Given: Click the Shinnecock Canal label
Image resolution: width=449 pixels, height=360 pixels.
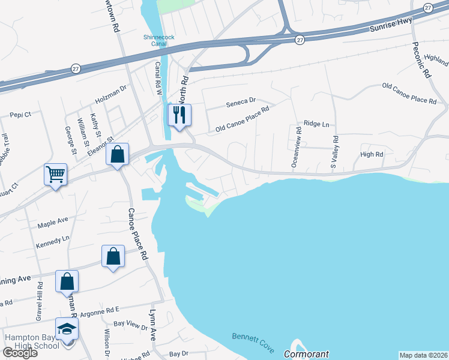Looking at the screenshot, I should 159,40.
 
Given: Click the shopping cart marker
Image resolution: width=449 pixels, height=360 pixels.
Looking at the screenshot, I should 55,175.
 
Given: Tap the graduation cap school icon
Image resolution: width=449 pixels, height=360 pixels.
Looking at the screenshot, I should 67,328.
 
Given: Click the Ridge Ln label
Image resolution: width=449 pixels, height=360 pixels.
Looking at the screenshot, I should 316,124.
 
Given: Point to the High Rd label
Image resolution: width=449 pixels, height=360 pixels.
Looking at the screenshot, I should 371,155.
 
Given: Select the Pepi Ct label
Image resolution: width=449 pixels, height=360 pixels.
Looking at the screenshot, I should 20,114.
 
